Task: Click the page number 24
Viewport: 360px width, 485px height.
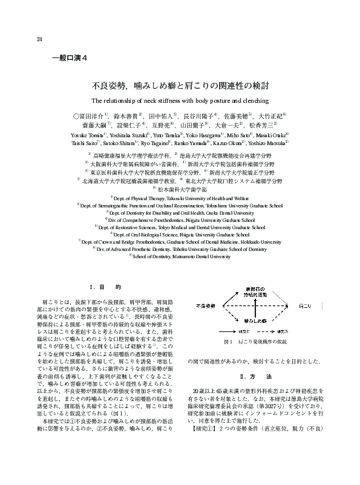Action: (x=39, y=41)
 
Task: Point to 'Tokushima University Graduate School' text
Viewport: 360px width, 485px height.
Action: (x=245, y=205)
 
